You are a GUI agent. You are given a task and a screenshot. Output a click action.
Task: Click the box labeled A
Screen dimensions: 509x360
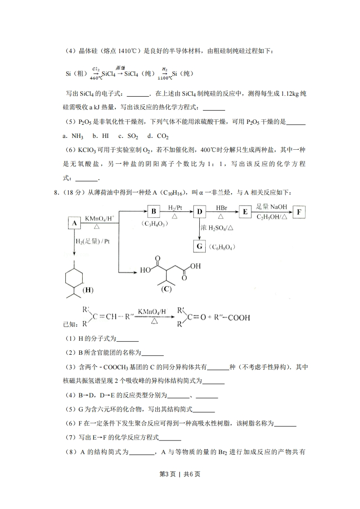74,223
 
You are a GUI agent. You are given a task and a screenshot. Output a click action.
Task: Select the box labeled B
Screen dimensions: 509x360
153,211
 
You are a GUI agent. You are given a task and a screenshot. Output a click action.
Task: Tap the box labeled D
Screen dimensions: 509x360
199,212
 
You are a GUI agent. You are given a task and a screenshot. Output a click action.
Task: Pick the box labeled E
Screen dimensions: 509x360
245,212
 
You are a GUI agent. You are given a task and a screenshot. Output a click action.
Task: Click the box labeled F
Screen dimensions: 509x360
299,212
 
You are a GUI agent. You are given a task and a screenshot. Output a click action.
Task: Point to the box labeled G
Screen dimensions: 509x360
199,246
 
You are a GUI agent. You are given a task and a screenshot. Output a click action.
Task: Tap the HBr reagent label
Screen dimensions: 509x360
222,208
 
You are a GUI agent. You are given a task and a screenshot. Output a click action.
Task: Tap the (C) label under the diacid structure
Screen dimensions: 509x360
167,289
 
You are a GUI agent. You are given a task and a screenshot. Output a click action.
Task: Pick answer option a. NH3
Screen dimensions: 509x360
73,136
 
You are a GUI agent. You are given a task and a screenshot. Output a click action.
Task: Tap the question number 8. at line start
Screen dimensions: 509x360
56,193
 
